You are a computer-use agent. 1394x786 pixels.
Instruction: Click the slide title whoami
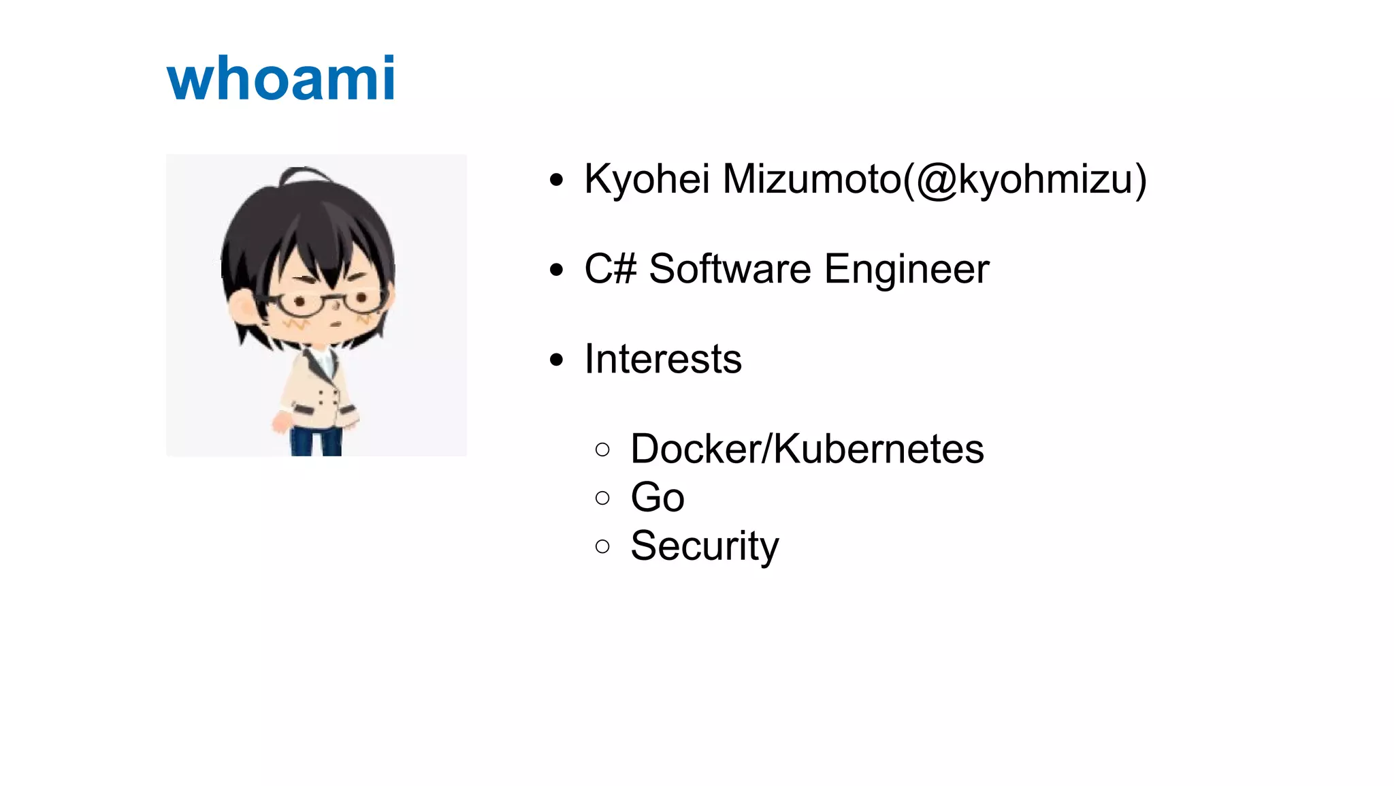coord(280,79)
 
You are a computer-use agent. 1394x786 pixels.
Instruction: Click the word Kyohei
coord(647,180)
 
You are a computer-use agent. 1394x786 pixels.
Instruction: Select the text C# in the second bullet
coord(610,269)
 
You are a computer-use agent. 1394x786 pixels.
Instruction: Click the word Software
coord(730,269)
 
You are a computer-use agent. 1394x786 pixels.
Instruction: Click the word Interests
coord(663,359)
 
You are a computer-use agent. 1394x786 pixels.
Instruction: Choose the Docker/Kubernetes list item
coord(807,449)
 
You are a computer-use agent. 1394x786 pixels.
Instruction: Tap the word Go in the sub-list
coord(657,497)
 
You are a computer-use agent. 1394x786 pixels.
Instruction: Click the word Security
coord(704,546)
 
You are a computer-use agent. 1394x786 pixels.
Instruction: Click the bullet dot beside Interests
coord(557,360)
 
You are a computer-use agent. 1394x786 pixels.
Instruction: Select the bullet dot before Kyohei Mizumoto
coord(557,180)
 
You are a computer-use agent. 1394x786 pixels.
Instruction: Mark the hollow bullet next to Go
coord(602,498)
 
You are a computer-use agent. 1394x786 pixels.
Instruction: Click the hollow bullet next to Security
coord(602,546)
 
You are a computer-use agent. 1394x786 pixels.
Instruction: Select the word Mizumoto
coord(811,180)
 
